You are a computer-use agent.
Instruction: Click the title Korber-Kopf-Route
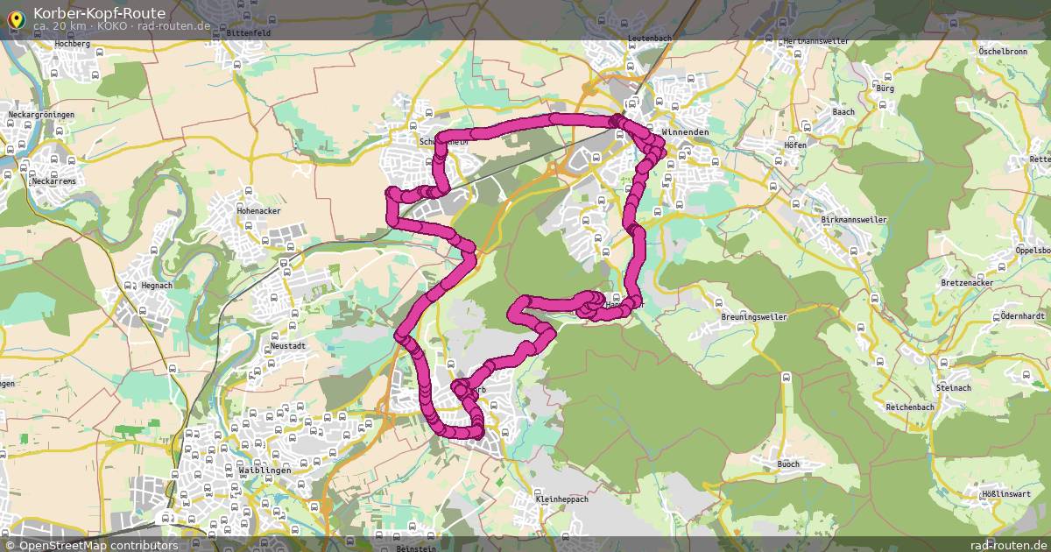[98, 12]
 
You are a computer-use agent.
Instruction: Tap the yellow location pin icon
[15, 18]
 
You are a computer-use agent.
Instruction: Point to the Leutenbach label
[649, 39]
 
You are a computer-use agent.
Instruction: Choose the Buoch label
[788, 464]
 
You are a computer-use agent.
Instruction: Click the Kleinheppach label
[561, 500]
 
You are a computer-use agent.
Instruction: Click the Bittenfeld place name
[248, 32]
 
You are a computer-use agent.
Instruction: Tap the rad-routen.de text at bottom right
[1008, 545]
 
